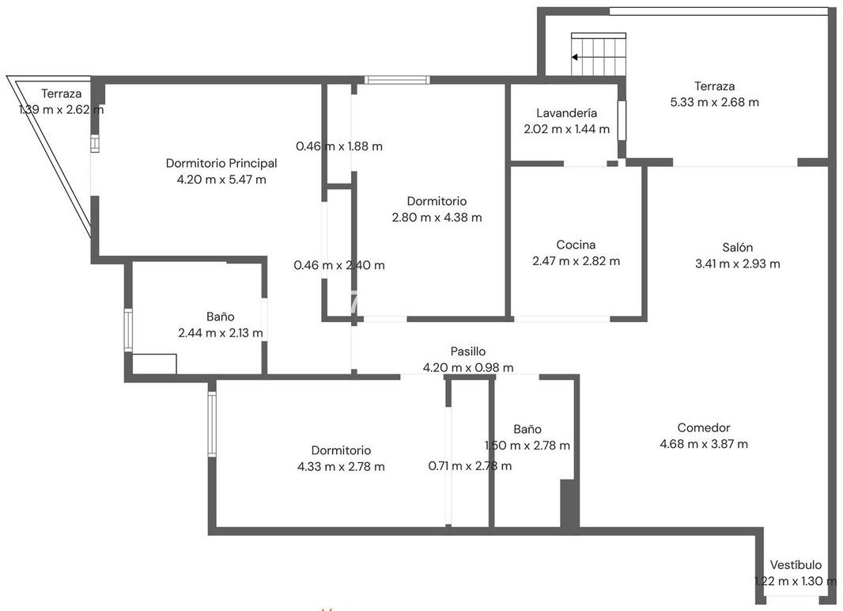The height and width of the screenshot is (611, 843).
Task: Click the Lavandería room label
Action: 567,113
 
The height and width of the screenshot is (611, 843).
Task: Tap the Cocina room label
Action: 576,245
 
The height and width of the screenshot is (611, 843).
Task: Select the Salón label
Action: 737,248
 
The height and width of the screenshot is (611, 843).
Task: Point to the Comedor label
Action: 704,427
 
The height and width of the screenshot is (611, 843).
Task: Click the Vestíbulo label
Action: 796,565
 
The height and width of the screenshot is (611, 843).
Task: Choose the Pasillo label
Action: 467,351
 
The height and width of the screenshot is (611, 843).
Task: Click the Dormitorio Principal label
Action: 221,163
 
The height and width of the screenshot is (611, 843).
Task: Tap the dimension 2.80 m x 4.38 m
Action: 437,218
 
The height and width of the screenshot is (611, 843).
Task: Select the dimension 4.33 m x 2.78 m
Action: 341,466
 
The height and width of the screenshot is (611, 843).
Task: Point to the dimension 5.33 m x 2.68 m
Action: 715,101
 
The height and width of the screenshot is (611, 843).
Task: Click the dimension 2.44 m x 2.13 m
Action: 221,332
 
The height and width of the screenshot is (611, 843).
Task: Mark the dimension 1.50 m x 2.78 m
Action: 527,446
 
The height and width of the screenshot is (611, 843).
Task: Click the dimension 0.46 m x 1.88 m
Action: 339,146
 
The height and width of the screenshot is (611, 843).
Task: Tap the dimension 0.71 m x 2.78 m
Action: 470,466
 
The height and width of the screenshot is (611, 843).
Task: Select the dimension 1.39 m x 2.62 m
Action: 62,110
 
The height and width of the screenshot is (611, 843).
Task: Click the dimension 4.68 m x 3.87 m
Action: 704,444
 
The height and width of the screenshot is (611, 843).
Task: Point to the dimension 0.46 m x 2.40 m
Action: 339,264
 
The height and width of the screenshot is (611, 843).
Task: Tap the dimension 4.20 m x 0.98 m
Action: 467,367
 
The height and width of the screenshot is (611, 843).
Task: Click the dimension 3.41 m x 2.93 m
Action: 737,264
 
